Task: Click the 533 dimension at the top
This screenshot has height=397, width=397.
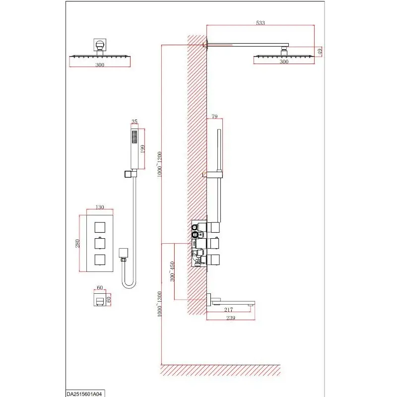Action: pos(260,23)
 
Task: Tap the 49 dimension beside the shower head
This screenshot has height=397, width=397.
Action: pos(320,52)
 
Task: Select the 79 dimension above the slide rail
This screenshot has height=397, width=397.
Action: pos(214,117)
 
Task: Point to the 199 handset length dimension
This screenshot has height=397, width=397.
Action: pos(142,149)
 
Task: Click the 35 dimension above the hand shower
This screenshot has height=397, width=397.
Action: pos(134,122)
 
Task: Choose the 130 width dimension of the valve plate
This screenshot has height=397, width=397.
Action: pos(100,207)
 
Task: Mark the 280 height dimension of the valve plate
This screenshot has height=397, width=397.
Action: pos(77,243)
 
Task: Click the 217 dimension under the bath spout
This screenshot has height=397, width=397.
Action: pos(228,309)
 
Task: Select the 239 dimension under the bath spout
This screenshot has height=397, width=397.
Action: pos(231,318)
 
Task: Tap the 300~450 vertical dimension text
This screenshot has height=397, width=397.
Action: pos(172,271)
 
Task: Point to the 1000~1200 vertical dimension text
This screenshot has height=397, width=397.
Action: pos(159,164)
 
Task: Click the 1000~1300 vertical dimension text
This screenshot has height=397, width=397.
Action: pos(159,304)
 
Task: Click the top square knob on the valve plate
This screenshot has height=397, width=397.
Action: pos(100,227)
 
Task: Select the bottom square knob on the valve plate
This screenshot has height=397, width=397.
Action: pos(100,260)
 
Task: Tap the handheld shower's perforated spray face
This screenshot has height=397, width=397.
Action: pos(134,137)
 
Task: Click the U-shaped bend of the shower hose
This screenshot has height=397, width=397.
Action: pos(129,286)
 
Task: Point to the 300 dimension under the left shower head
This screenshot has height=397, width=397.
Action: pos(100,65)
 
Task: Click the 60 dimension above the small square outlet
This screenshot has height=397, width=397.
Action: pos(100,287)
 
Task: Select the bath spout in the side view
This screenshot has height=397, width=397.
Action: pos(231,301)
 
